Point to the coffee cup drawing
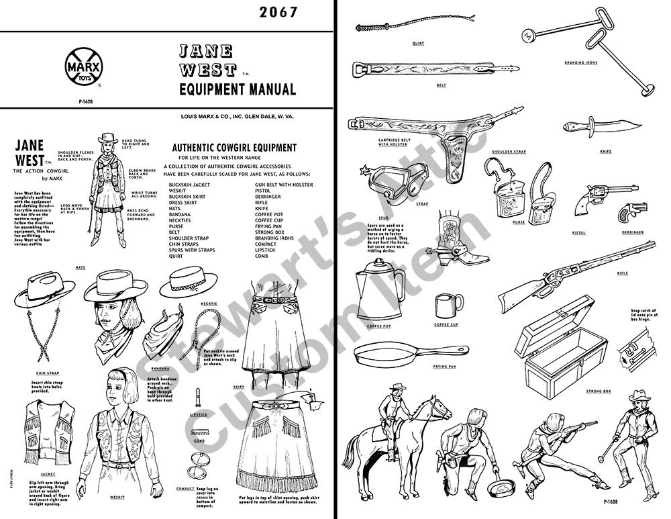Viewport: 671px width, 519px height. pyautogui.click(x=444, y=306)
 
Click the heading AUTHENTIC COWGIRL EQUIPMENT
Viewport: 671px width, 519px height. pyautogui.click(x=234, y=148)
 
